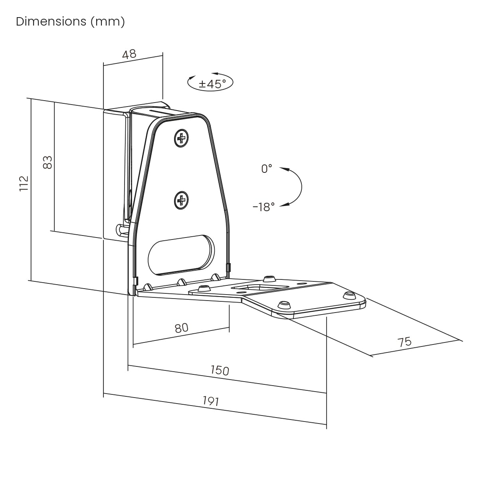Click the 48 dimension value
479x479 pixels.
pos(129,54)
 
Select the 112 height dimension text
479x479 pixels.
pos(24,183)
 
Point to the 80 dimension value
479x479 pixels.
pos(181,328)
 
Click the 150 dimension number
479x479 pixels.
pos(220,370)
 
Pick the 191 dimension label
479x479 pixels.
pos(210,400)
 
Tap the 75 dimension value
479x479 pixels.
pos(404,342)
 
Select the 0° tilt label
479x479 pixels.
pos(267,169)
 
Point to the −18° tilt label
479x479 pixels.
pos(264,207)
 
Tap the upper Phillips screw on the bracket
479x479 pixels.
pos(182,139)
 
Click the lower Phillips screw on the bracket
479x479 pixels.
pos(182,200)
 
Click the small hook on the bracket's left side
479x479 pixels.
pos(121,230)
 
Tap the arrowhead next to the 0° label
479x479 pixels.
pos(284,169)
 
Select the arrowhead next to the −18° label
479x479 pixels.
pos(284,205)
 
